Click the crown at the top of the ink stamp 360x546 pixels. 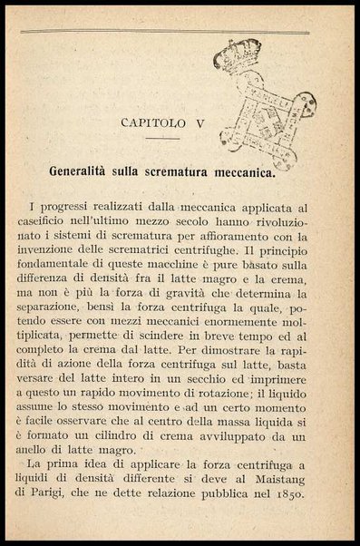237,56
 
